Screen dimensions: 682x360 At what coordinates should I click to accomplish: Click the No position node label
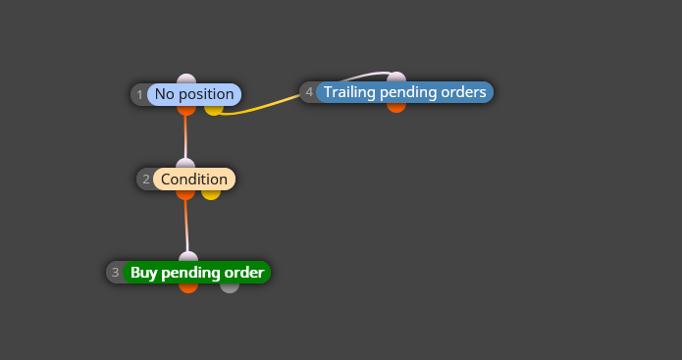194,94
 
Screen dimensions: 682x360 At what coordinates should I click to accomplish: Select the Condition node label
194,180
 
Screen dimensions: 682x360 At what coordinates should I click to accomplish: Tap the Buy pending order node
197,272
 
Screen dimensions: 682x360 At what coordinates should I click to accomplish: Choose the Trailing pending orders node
404,92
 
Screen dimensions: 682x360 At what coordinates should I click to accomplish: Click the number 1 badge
139,95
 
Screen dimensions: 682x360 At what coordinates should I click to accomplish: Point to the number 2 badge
145,180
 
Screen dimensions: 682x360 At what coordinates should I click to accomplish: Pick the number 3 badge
115,272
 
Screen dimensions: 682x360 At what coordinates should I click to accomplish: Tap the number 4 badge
309,92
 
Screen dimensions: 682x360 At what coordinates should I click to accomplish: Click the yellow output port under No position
214,110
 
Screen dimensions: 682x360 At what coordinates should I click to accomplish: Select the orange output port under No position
186,110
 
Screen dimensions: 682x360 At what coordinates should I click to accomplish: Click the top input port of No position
186,78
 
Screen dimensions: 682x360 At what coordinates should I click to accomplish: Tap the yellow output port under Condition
211,195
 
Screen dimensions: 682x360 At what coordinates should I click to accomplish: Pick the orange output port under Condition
185,195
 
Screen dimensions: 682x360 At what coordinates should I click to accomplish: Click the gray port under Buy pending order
230,287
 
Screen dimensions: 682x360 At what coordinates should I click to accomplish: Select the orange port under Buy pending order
188,287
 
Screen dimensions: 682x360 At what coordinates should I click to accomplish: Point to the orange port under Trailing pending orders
396,107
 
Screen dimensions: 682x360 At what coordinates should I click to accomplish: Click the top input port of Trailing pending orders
396,77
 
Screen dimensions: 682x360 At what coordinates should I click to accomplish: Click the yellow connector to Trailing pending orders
260,107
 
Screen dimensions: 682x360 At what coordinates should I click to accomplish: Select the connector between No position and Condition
185,137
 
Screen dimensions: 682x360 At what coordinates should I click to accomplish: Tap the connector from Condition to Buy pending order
186,226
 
